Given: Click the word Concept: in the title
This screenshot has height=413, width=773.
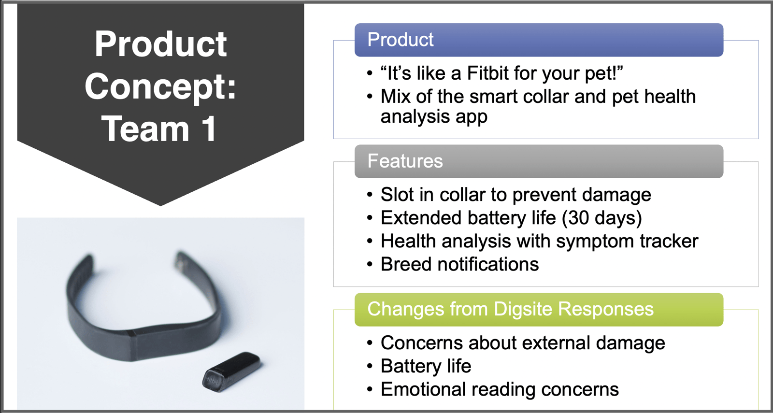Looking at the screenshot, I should (x=160, y=87).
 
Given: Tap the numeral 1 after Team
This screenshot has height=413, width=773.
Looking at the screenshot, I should (x=209, y=129).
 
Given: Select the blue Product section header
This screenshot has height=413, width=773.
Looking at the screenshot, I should (x=538, y=40).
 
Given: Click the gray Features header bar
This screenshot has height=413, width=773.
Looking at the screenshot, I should (x=538, y=161).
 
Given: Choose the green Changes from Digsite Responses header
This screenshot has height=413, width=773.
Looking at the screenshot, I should (x=538, y=310).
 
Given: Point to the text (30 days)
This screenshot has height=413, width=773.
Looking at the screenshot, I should (x=601, y=218).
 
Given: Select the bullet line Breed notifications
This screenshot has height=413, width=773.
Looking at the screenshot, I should (x=459, y=265).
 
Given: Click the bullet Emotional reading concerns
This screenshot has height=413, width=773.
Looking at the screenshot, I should (x=499, y=389).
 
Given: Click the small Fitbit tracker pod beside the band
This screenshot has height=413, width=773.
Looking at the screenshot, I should (x=232, y=371).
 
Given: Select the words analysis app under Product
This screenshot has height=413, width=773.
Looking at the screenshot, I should (x=433, y=117).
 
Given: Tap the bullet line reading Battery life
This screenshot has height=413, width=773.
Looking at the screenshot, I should (x=425, y=366).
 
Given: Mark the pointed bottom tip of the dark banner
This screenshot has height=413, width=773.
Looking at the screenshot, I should (x=160, y=205).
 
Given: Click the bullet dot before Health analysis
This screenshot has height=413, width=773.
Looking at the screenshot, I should (x=370, y=241).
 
